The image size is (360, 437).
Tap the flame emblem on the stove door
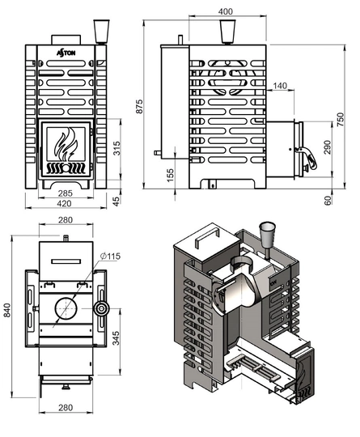coord(66,146)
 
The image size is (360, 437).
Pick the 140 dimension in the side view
coord(281,86)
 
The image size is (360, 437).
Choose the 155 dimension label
coord(171,175)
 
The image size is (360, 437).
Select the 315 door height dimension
coord(116,147)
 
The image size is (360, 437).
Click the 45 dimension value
coord(116,200)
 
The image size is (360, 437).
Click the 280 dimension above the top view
coord(66,220)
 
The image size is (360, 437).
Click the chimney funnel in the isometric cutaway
coord(264,235)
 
